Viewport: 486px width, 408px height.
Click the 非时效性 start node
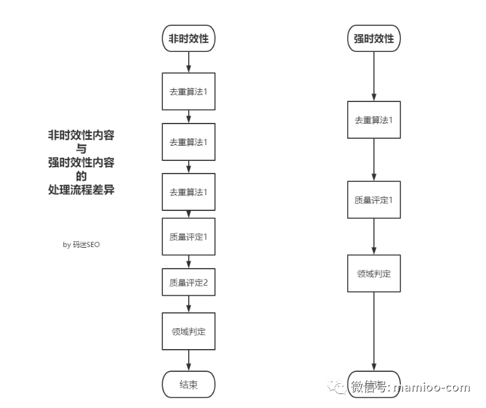tap(188, 38)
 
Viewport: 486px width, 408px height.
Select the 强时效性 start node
tap(374, 38)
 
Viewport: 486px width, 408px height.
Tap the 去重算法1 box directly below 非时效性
tap(188, 91)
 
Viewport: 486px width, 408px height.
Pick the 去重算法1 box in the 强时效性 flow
tap(374, 119)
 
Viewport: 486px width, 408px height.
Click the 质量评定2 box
tap(188, 283)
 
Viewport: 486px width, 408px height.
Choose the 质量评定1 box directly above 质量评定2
tap(188, 236)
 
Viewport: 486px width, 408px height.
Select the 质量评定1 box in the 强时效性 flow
tap(374, 200)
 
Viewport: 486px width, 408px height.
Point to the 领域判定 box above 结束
tap(188, 331)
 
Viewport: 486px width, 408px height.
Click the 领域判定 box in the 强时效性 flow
tap(374, 274)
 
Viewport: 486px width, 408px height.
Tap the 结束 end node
tap(188, 384)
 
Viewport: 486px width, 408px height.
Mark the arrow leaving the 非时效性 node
tap(188, 61)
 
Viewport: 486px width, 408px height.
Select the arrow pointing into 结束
tap(188, 360)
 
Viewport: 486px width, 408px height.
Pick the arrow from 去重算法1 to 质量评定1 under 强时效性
tap(374, 160)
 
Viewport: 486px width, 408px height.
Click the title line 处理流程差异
tap(81, 189)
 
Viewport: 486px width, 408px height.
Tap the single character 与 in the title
tap(81, 149)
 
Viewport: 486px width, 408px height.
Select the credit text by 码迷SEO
tap(81, 245)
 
